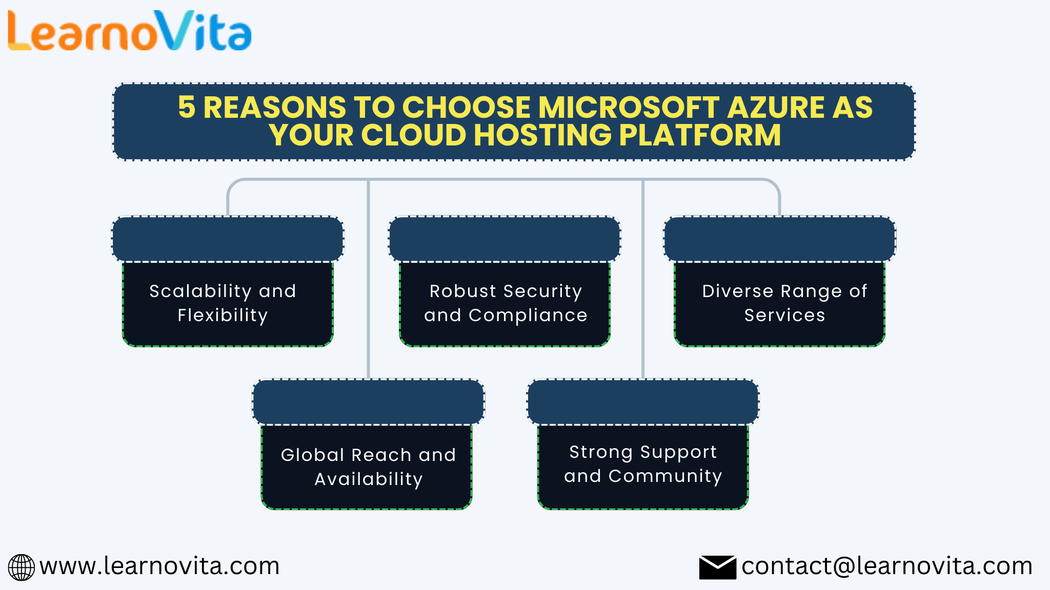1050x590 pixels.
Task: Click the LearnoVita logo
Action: pos(129,32)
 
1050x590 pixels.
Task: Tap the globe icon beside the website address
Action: pos(21,567)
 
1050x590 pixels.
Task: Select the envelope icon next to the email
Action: pos(717,567)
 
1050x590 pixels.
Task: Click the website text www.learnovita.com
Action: pos(159,566)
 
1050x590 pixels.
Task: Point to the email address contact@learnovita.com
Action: pos(886,566)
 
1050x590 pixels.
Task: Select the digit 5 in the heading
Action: pos(187,108)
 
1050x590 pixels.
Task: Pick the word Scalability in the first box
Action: pos(200,291)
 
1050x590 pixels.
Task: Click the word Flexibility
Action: pos(223,315)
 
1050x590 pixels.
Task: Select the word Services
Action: pos(784,315)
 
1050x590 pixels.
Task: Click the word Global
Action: pos(312,455)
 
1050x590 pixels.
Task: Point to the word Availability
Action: pos(369,479)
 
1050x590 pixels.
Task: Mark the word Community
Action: pos(665,476)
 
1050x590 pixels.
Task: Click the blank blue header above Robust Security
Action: pos(504,239)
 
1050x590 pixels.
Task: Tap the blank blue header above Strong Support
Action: pos(643,402)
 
